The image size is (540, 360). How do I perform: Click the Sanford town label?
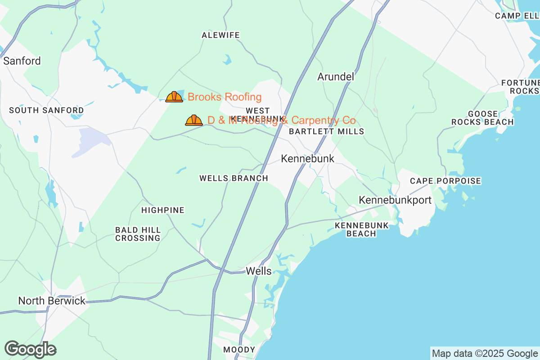tap(22, 61)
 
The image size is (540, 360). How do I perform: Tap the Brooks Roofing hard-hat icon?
tap(174, 97)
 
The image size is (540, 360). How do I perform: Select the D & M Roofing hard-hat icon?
tap(194, 120)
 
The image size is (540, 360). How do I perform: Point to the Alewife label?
tap(220, 35)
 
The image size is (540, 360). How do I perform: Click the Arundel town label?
tap(336, 76)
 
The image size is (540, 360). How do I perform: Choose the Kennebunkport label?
tap(395, 200)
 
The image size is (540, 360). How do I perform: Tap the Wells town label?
tap(259, 271)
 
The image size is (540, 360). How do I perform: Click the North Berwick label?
tap(52, 301)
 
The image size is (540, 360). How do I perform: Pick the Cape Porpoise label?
tap(445, 181)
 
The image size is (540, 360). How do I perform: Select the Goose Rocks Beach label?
tap(482, 118)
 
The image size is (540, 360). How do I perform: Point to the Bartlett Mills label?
tap(326, 131)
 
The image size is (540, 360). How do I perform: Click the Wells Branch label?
tap(234, 178)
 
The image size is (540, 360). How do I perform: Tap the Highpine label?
tap(163, 210)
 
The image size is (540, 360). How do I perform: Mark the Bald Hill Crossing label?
tap(138, 234)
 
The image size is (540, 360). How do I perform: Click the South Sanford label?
tap(46, 110)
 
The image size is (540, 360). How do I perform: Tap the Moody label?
tap(239, 350)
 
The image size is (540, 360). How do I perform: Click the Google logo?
tap(30, 349)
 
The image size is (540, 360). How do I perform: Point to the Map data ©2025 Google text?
tap(485, 353)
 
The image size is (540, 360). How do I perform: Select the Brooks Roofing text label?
tap(225, 97)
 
